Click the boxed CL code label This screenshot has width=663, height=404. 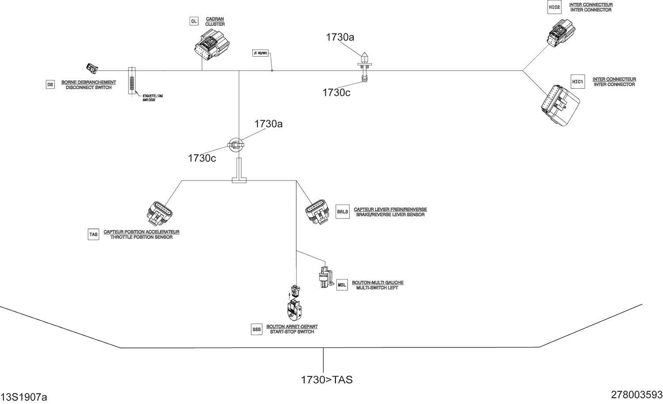(x=194, y=21)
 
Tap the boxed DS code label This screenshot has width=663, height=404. (x=50, y=85)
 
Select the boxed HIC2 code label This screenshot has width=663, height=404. (x=554, y=7)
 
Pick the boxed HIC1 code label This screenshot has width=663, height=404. (x=578, y=82)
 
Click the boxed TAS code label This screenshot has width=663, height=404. (x=93, y=234)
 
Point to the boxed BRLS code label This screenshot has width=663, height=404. (x=343, y=212)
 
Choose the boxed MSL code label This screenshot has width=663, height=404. (x=342, y=285)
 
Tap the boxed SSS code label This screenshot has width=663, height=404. (x=257, y=329)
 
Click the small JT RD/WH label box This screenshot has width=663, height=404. (x=260, y=53)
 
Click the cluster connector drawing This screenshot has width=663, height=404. (x=212, y=46)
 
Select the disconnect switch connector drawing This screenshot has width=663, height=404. (x=92, y=68)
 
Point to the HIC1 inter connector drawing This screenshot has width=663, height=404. (x=560, y=106)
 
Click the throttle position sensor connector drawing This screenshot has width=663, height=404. (x=159, y=214)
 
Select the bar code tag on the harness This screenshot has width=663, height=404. (x=132, y=81)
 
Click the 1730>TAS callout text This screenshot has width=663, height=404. (x=327, y=380)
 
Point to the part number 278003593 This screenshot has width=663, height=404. (x=636, y=395)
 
